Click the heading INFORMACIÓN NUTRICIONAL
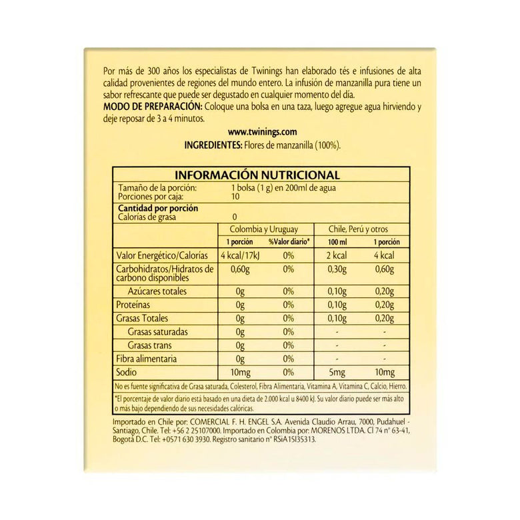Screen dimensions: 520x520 257,175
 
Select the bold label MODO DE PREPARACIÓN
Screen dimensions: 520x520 153,107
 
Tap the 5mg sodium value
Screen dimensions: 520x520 337,372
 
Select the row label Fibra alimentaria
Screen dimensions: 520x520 147,359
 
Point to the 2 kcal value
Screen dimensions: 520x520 337,255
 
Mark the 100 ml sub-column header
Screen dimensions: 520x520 337,242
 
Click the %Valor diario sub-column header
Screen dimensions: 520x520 289,242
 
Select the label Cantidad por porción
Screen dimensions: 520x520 157,207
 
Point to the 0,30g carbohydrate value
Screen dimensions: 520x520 337,269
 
